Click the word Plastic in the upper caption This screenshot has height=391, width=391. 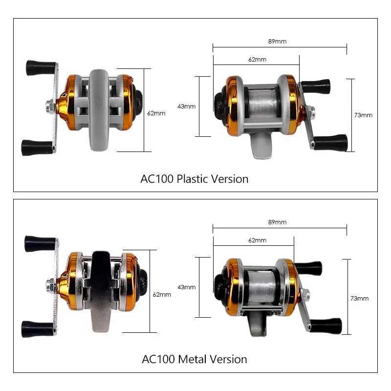192,179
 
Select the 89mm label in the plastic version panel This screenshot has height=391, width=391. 278,42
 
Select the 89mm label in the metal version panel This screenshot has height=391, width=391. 278,222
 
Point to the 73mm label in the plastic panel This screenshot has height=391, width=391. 363,115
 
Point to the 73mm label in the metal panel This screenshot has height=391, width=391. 360,298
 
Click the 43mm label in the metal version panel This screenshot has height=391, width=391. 187,287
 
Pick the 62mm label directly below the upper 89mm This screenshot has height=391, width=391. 257,60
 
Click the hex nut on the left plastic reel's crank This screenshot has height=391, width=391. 50,107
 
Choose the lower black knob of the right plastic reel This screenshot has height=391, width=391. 331,142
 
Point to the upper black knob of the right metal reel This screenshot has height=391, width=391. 309,268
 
